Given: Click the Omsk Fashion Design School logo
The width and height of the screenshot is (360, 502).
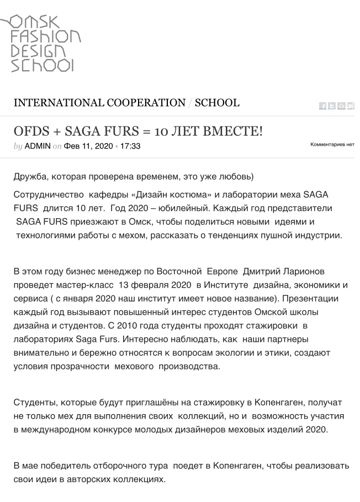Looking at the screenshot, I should (x=41, y=43).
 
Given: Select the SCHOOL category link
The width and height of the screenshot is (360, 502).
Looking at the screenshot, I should (x=217, y=103).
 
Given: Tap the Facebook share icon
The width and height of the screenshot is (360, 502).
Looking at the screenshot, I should (x=323, y=106).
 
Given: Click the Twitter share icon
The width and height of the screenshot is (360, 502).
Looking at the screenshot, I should (x=332, y=106).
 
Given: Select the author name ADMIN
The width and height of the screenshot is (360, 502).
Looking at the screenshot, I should (x=38, y=146).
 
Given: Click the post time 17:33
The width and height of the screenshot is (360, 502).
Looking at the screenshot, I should (x=130, y=146).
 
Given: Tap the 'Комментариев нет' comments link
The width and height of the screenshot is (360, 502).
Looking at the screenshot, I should (x=332, y=144).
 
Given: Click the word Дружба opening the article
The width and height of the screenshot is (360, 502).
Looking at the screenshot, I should (x=29, y=177).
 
